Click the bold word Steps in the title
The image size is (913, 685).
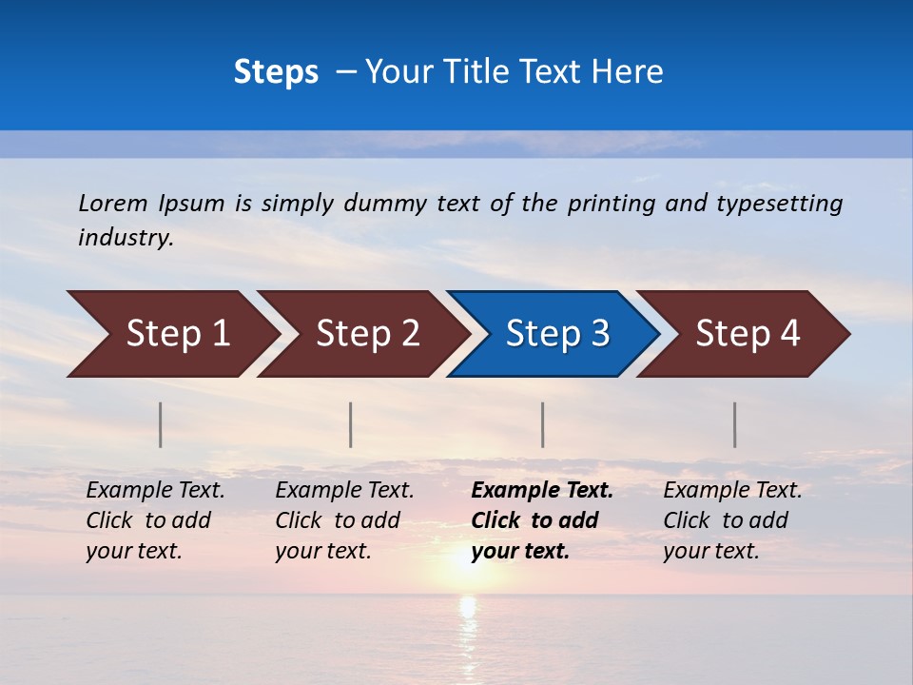point(276,72)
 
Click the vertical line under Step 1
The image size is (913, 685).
point(161,424)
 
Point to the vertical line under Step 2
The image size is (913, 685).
point(351,424)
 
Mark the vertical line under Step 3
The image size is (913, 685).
point(542,424)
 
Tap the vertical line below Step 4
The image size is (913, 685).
point(734,424)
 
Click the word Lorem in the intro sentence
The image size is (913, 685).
point(112,203)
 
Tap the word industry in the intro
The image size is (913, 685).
point(126,238)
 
